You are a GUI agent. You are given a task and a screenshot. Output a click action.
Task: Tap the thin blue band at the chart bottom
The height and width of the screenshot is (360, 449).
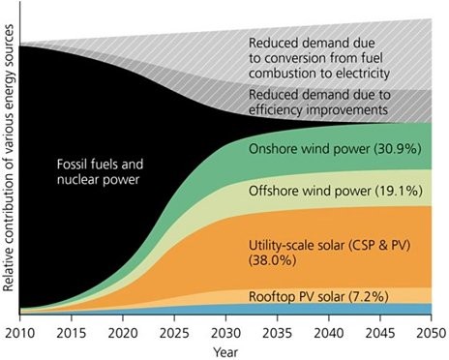coord(290,309)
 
